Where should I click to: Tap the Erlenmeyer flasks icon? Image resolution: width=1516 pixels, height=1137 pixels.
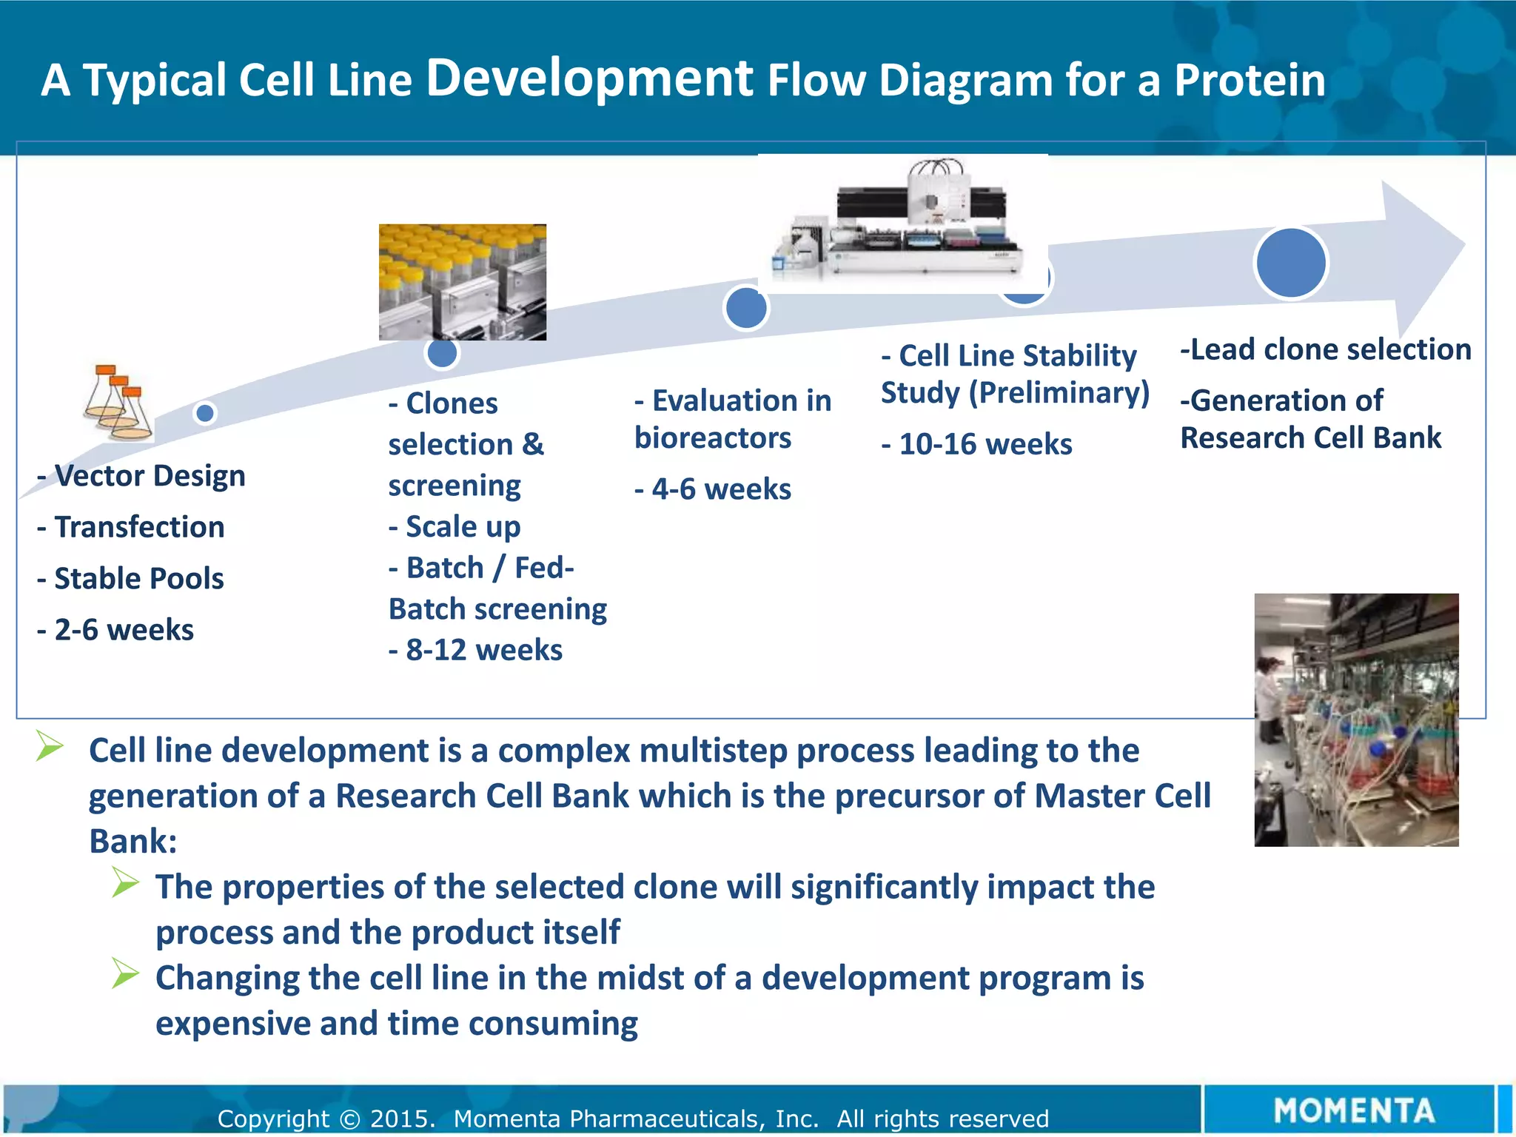117,403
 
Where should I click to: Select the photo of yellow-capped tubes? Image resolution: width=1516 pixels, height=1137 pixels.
463,282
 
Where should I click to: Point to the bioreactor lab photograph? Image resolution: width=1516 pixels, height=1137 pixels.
1356,720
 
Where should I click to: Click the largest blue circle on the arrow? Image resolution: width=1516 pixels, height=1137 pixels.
1291,263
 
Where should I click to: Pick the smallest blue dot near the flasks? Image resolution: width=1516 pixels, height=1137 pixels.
205,412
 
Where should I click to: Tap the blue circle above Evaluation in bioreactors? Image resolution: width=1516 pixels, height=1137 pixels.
745,309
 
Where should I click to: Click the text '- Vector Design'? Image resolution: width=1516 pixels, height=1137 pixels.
141,475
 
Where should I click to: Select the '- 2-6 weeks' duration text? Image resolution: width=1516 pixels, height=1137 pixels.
115,630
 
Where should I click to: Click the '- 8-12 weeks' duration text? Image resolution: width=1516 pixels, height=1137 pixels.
476,650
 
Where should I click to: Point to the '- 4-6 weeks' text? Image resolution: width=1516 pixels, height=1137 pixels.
713,489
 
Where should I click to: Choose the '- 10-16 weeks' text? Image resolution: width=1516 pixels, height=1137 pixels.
976,444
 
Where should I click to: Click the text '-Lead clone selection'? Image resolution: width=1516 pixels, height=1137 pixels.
1325,349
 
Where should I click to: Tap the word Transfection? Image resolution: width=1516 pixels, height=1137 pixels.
139,527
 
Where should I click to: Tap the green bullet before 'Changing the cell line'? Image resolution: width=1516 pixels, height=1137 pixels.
125,973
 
